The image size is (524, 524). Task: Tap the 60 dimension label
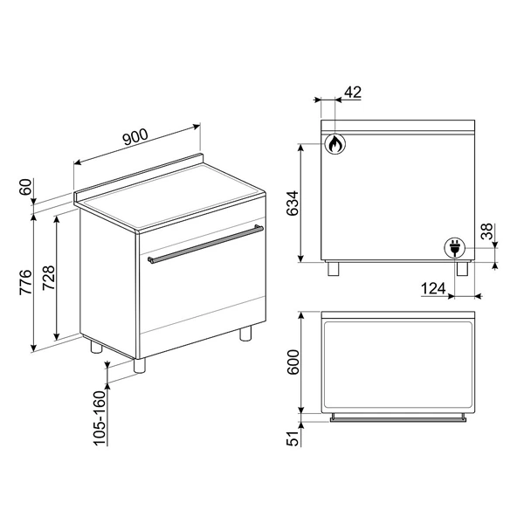25,187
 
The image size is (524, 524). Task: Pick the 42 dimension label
353,91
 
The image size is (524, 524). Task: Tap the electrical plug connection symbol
453,248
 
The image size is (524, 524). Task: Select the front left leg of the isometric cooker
139,367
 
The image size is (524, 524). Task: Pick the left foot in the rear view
333,269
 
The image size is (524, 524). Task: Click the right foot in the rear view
459,269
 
